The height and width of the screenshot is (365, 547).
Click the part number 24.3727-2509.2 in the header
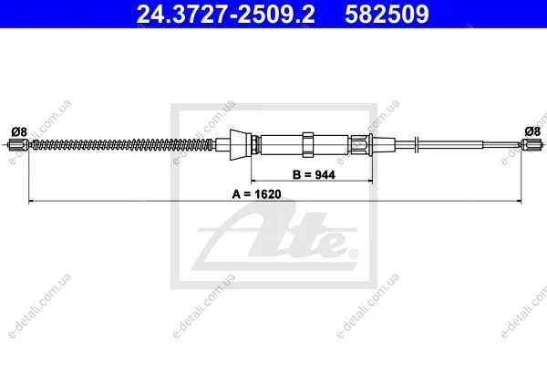point(225,14)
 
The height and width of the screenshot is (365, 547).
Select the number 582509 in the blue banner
point(387,14)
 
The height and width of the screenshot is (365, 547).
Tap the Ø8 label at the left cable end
point(19,132)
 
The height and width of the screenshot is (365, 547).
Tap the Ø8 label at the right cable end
point(532,131)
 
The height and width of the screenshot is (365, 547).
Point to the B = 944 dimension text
point(314,174)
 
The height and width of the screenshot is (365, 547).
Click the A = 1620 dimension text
point(257,193)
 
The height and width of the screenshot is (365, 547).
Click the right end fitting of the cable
point(532,144)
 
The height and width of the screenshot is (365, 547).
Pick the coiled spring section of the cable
point(122,144)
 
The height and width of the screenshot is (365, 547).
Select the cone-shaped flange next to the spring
point(241,144)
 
